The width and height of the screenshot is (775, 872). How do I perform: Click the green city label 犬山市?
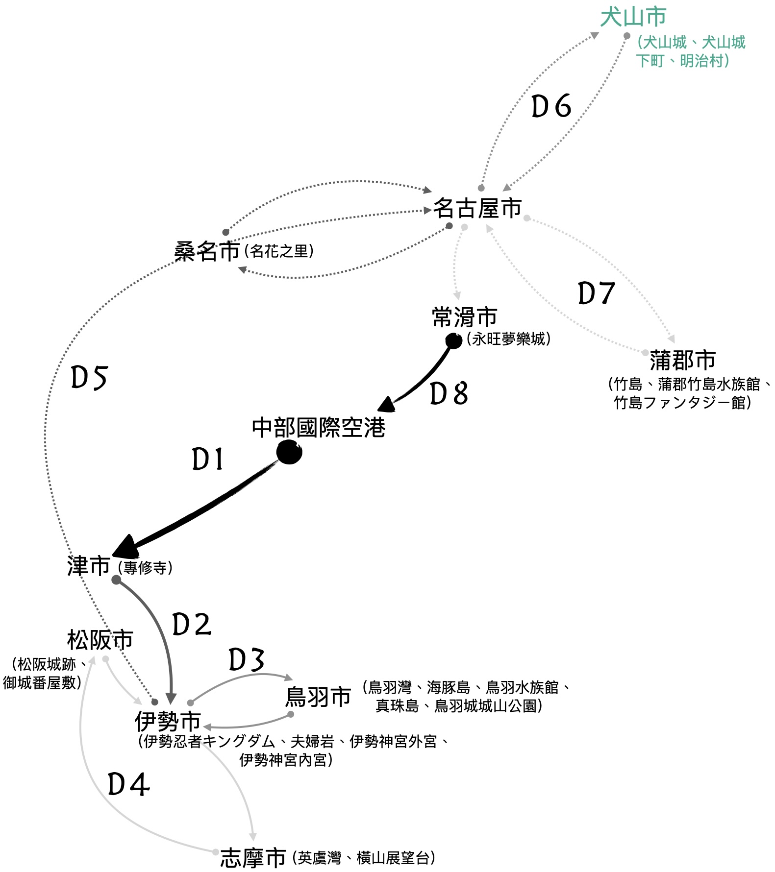pyautogui.click(x=633, y=18)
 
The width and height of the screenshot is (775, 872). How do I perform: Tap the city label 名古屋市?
pyautogui.click(x=477, y=208)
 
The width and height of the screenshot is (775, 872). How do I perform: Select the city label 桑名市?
pyautogui.click(x=207, y=252)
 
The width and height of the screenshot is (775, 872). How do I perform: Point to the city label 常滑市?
pyautogui.click(x=464, y=317)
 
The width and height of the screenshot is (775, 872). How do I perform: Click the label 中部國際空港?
pyautogui.click(x=319, y=428)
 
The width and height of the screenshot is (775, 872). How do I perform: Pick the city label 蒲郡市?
pyautogui.click(x=682, y=361)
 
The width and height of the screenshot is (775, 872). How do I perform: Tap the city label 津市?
pyautogui.click(x=89, y=566)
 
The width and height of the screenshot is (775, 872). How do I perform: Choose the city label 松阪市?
pyautogui.click(x=100, y=640)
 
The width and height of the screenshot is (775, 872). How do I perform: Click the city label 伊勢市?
pyautogui.click(x=168, y=722)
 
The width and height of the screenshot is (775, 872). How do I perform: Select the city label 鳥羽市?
pyautogui.click(x=318, y=697)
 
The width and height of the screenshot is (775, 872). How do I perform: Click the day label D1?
pyautogui.click(x=208, y=460)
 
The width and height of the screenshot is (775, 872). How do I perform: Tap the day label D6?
pyautogui.click(x=551, y=106)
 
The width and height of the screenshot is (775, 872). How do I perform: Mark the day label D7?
pyautogui.click(x=596, y=293)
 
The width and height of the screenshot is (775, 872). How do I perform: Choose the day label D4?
pyautogui.click(x=128, y=784)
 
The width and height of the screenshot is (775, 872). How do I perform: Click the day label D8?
pyautogui.click(x=449, y=393)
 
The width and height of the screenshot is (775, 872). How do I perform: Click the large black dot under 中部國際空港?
pyautogui.click(x=289, y=452)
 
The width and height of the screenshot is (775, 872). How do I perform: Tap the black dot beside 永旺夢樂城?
pyautogui.click(x=453, y=340)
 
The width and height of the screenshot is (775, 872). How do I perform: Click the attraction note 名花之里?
pyautogui.click(x=279, y=251)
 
